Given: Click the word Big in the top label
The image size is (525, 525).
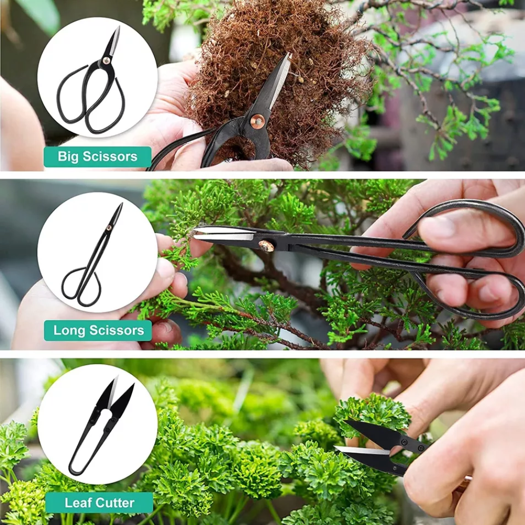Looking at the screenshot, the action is tap(68, 156).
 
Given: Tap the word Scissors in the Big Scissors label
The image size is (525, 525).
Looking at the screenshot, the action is tap(110, 156).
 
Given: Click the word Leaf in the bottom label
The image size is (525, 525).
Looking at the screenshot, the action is tap(78, 502).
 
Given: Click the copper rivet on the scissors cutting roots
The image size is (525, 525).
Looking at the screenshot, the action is tap(257, 121).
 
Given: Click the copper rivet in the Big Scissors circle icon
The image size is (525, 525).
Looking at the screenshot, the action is tap(106, 60).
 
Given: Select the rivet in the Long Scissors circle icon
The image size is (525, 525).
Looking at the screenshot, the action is tap(109, 228).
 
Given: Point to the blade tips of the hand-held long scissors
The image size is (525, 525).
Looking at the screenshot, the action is tap(195, 234).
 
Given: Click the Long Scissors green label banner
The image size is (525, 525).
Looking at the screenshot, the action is tap(98, 330).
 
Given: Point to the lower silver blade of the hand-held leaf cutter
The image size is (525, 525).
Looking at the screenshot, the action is tap(362, 450).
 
